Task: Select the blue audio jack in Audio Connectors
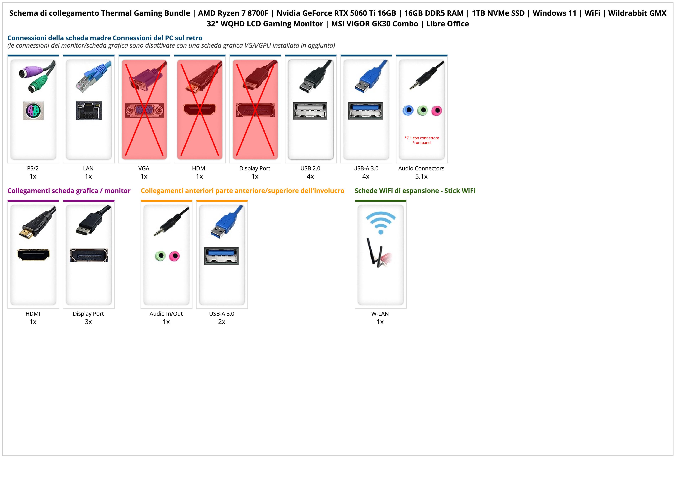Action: (x=408, y=110)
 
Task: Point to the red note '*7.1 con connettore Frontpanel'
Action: (x=422, y=140)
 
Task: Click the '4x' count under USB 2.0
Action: (x=310, y=176)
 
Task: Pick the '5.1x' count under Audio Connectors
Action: (x=421, y=176)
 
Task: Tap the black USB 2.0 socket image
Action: (x=310, y=111)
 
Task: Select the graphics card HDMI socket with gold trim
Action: (x=33, y=255)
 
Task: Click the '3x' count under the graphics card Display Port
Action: (x=88, y=322)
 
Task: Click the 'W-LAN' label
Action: (x=380, y=314)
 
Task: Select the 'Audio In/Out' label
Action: (x=166, y=314)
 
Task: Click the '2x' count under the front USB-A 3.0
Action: (x=222, y=322)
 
